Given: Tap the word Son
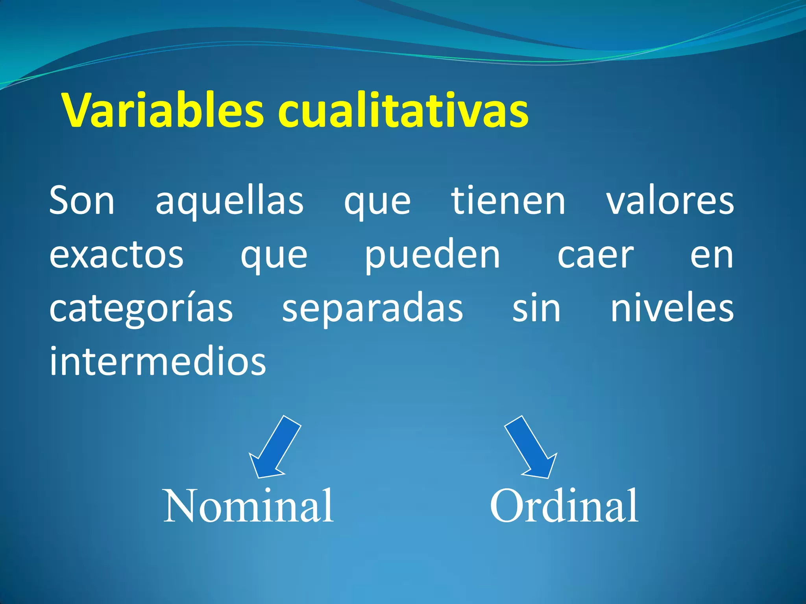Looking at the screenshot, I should click(x=82, y=201).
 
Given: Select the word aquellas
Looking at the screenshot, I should click(x=229, y=201).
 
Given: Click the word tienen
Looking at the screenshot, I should click(x=508, y=201).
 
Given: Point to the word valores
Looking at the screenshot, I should click(x=670, y=201).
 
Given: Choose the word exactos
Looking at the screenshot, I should click(x=116, y=256).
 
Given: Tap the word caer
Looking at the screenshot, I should click(x=595, y=256).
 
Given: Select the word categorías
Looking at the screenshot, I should click(x=141, y=310).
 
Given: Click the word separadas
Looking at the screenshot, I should click(x=372, y=310).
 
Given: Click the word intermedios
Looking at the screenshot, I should click(x=158, y=362).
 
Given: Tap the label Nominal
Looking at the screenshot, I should click(x=248, y=506).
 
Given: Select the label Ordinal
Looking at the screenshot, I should click(x=564, y=506).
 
